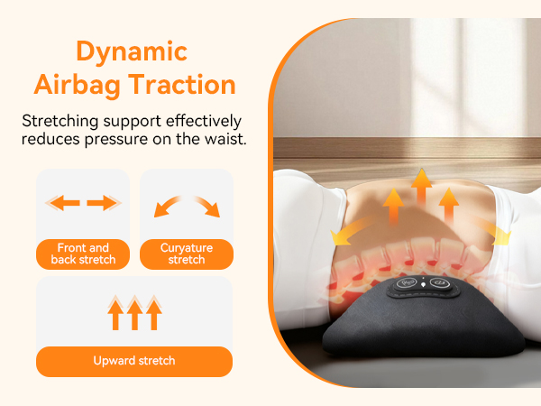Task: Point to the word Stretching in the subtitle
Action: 61,120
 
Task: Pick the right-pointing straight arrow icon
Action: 105,203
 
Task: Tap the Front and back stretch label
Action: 82,254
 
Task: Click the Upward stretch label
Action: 134,361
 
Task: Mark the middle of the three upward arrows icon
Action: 134,313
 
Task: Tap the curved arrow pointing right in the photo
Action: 495,234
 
